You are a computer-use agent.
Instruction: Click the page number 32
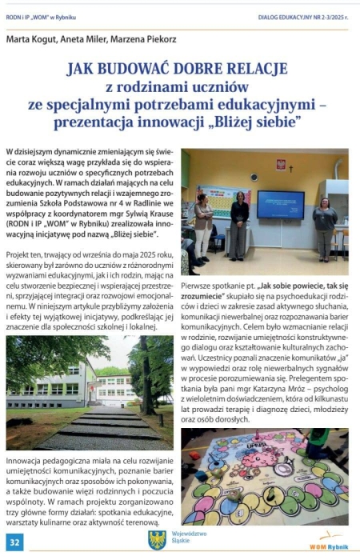pyautogui.click(x=15, y=543)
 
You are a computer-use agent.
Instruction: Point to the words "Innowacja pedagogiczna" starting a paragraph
pyautogui.click(x=46, y=462)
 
